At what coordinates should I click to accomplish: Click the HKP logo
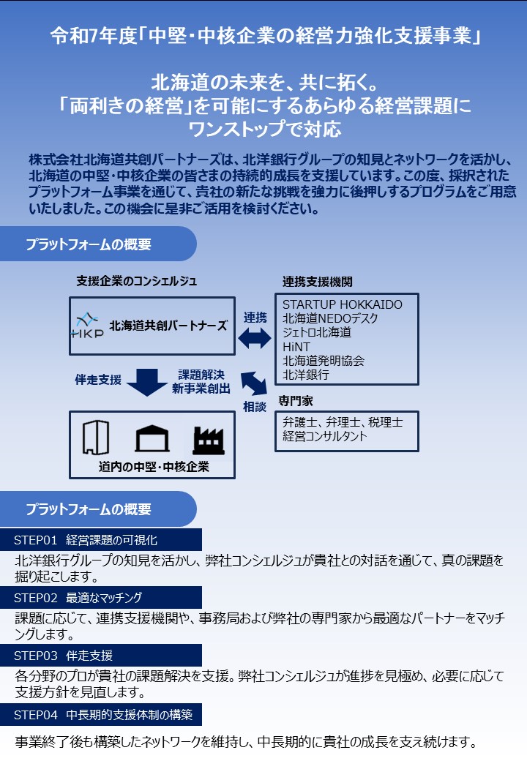[x=87, y=326]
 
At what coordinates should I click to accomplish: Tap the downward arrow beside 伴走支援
[x=147, y=382]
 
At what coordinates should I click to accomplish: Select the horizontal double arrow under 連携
[x=255, y=338]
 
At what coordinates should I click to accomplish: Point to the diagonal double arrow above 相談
[x=254, y=383]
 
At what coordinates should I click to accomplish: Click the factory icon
[x=209, y=441]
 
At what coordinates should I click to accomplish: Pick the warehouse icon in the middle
[x=152, y=439]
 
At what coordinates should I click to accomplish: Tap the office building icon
[x=96, y=438]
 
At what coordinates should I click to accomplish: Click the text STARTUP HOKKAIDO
[x=342, y=304]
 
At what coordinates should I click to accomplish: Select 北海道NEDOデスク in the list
[x=330, y=318]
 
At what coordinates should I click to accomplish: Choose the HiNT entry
[x=296, y=347]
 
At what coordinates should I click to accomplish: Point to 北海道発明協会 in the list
[x=324, y=361]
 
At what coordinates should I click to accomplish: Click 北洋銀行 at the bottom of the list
[x=306, y=375]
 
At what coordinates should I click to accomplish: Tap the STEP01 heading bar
[x=101, y=540]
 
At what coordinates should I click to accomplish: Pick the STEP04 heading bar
[x=101, y=714]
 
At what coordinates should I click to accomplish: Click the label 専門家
[x=296, y=401]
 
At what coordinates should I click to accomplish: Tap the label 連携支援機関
[x=318, y=282]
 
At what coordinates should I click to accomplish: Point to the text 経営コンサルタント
[x=325, y=436]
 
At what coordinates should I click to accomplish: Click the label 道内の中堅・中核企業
[x=154, y=467]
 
